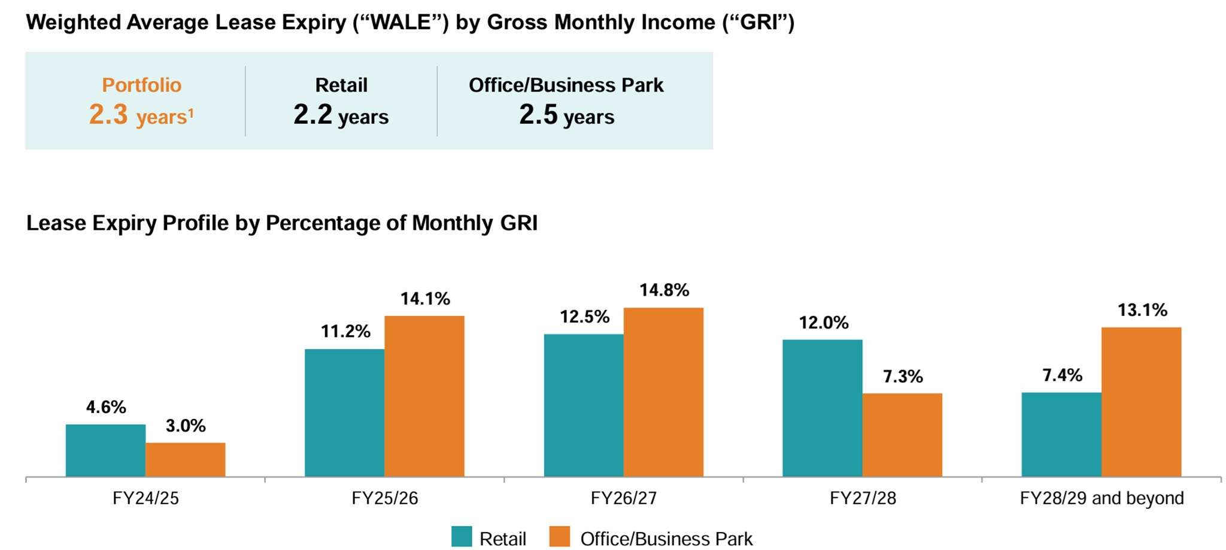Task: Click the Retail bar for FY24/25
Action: (x=105, y=450)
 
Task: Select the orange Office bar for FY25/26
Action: (x=424, y=396)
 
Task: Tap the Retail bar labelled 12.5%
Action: (x=583, y=405)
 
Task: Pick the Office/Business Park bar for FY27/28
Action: (x=902, y=434)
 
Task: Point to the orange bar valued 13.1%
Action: (x=1141, y=402)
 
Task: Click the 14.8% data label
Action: (x=664, y=290)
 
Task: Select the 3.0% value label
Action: (x=186, y=426)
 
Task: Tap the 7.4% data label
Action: (x=1062, y=375)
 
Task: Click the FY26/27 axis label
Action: (x=623, y=498)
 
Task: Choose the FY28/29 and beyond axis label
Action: (x=1101, y=498)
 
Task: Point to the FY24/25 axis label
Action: (x=145, y=498)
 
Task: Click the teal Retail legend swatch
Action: (x=462, y=537)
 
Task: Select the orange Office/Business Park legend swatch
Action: (x=560, y=537)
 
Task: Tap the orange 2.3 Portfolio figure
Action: (x=108, y=114)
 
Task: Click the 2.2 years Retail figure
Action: (x=312, y=114)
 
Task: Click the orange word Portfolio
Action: (x=141, y=85)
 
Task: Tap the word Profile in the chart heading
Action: (x=195, y=223)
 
